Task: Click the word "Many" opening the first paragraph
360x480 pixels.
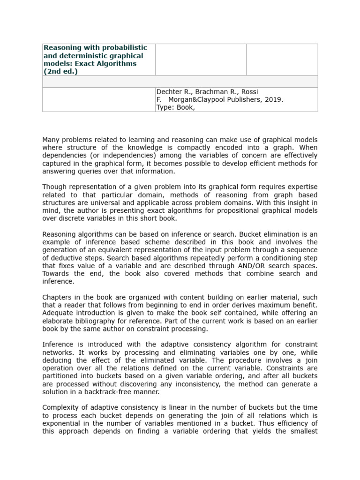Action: (x=51, y=140)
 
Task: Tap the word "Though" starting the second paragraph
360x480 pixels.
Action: (x=54, y=187)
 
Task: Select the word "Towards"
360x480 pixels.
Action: (x=56, y=273)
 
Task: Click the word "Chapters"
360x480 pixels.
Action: (x=57, y=297)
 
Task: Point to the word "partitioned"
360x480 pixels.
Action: (x=63, y=375)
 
